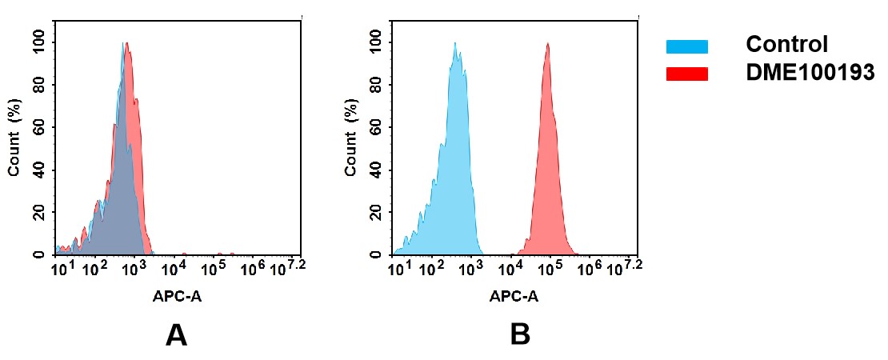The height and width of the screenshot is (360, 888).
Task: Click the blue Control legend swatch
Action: (x=686, y=46)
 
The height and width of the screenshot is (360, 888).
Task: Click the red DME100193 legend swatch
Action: (x=686, y=74)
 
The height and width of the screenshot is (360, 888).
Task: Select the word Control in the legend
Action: (x=786, y=45)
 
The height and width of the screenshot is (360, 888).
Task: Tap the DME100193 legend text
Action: (x=810, y=73)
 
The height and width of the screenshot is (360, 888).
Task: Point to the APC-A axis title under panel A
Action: (x=178, y=297)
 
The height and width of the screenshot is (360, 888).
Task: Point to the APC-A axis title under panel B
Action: (x=514, y=297)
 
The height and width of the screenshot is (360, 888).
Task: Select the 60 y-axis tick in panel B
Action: (x=376, y=127)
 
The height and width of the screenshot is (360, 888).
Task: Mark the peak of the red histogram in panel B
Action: (x=548, y=44)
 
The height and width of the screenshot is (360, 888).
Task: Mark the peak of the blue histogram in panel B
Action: (x=455, y=44)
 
